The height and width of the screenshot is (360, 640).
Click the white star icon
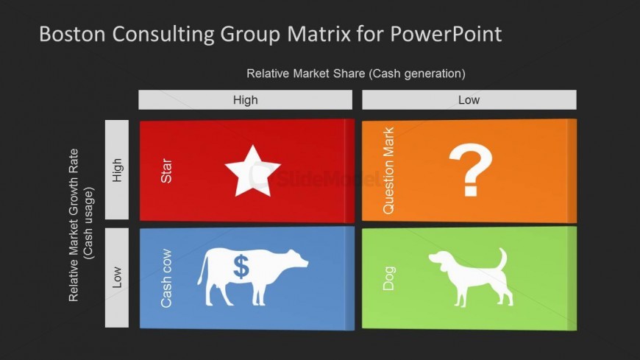(x=252, y=172)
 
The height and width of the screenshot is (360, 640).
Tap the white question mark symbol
(x=471, y=169)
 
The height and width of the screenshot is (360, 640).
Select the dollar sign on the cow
(x=241, y=267)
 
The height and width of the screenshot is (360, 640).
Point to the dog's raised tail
(x=502, y=258)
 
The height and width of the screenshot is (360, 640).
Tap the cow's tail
(x=202, y=268)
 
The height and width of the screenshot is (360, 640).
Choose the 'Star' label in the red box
(x=166, y=171)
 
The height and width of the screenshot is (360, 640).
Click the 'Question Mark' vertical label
(x=388, y=170)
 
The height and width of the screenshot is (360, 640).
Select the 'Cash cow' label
(x=166, y=278)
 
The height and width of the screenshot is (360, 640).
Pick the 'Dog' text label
(x=388, y=278)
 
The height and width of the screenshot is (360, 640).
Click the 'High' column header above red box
(x=245, y=99)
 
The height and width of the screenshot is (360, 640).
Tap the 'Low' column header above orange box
(x=469, y=99)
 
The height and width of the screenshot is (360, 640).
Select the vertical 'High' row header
(x=117, y=169)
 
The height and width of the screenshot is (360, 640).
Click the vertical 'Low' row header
(x=117, y=278)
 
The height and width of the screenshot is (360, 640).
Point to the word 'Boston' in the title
(x=72, y=34)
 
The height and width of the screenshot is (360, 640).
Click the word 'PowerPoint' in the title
(x=446, y=34)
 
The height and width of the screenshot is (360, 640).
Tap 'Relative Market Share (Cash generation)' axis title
(x=356, y=74)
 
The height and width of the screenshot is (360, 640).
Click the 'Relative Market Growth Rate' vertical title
(x=74, y=225)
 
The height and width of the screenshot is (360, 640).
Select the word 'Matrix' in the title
(x=319, y=34)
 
